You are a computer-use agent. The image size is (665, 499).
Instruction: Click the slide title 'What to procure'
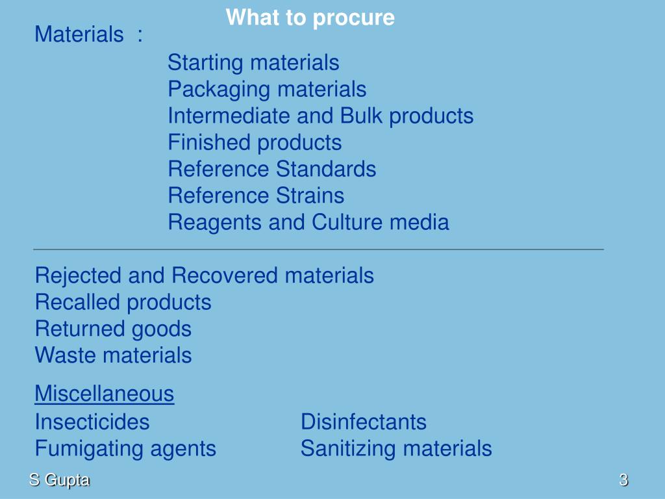310,18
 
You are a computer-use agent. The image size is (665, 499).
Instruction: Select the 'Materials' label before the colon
79,34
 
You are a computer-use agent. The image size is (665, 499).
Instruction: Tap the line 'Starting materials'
253,63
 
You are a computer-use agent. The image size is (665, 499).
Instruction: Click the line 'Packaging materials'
267,89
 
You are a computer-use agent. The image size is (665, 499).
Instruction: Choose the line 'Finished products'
255,142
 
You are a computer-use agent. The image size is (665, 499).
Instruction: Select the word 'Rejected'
79,275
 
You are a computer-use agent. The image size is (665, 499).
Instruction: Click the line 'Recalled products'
123,302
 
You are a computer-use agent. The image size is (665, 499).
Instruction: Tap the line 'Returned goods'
113,329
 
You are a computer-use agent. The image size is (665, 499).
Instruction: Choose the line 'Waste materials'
113,355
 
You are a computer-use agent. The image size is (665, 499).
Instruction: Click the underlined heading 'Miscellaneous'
104,394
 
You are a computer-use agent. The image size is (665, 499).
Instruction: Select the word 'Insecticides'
92,422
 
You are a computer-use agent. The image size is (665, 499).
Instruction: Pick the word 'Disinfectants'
364,422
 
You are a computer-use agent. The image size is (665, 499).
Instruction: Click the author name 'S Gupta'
59,481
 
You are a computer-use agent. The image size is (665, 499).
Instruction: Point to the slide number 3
623,481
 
